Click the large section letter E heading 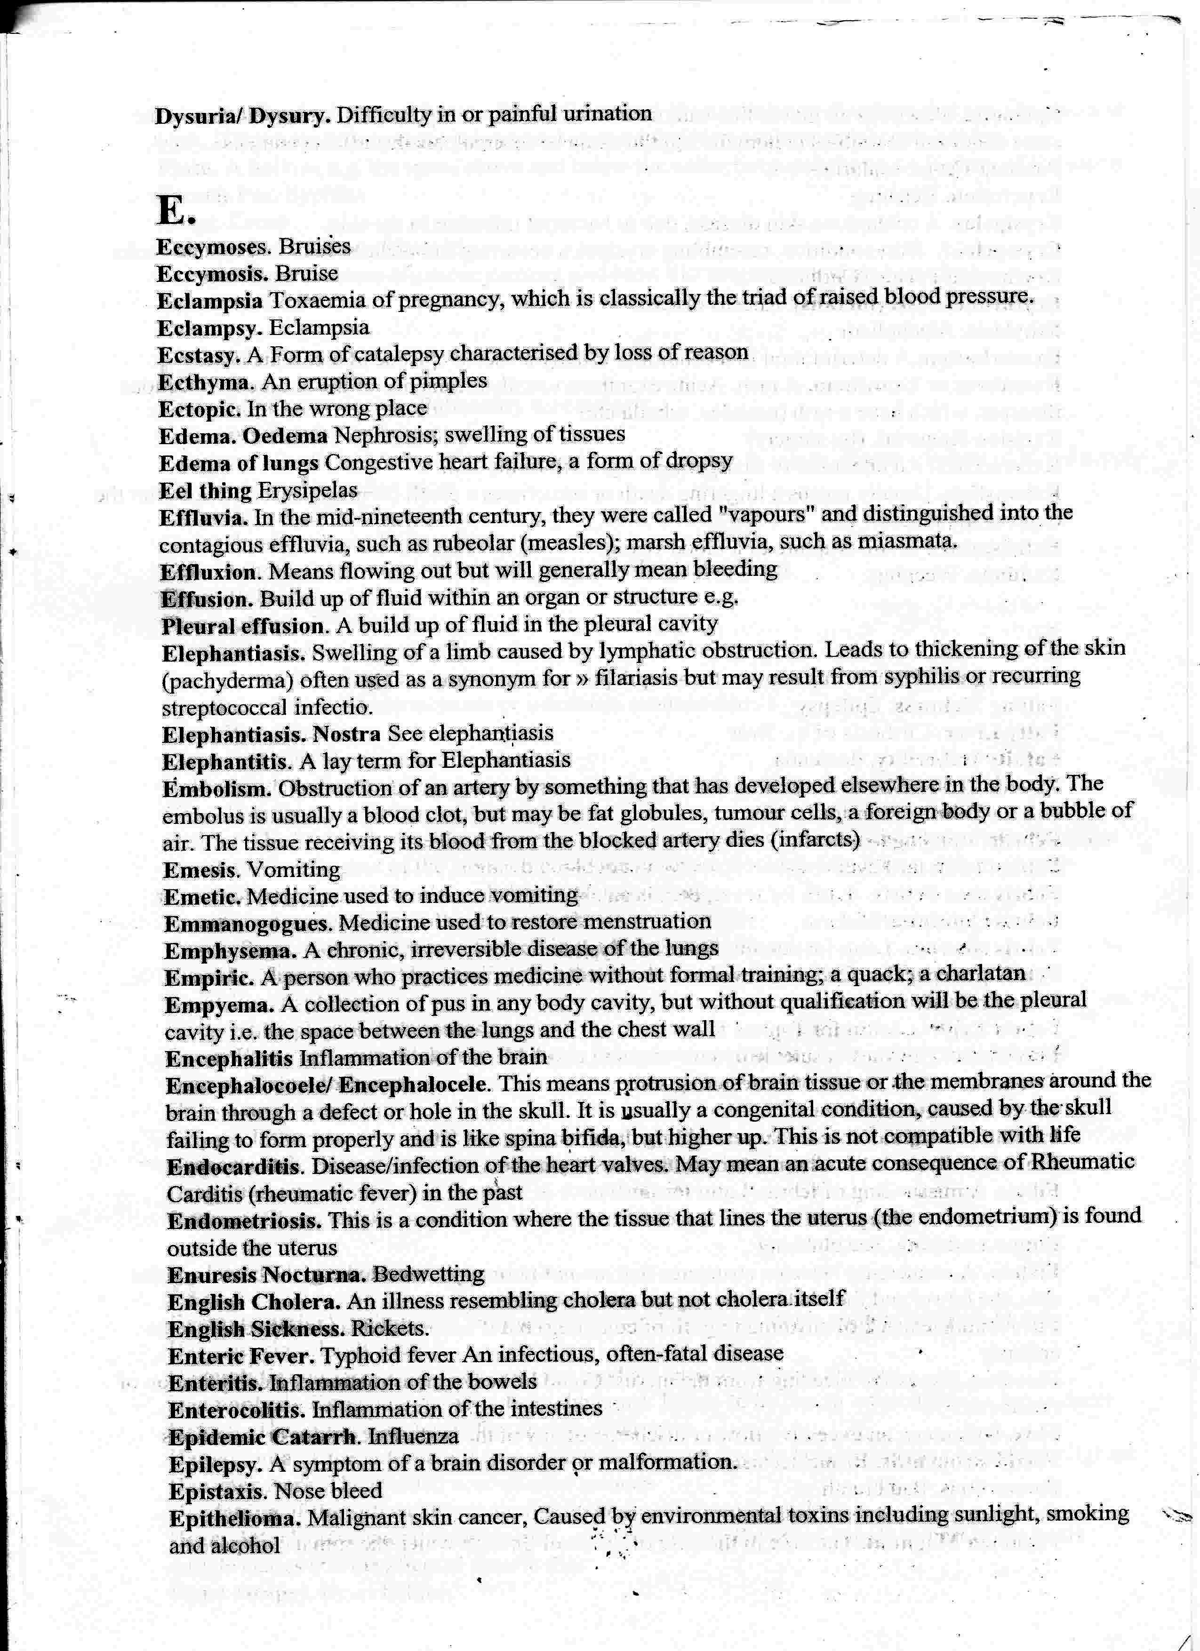point(175,211)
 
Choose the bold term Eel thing point(205,491)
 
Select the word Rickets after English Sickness point(390,1329)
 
